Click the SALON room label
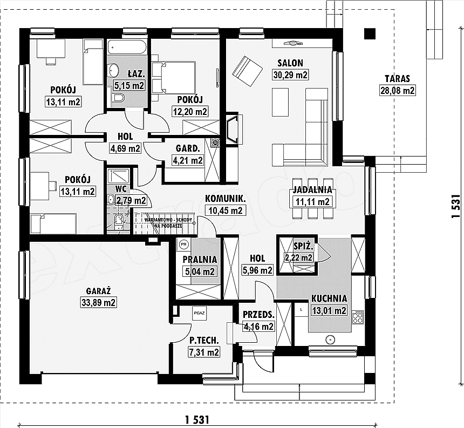(x=290, y=63)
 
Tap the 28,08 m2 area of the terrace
(x=398, y=90)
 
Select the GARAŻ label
(x=99, y=291)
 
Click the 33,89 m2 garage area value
(x=98, y=302)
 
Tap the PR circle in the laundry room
(x=183, y=244)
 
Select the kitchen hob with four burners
(x=357, y=317)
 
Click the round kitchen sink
(x=330, y=340)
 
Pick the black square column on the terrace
(x=370, y=34)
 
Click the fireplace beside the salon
(x=233, y=128)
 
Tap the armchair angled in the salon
(x=248, y=71)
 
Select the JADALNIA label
(x=312, y=190)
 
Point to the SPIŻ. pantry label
(x=303, y=246)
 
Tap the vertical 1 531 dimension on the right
(x=456, y=206)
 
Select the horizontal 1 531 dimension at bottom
(x=197, y=419)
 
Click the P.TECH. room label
(x=204, y=341)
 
